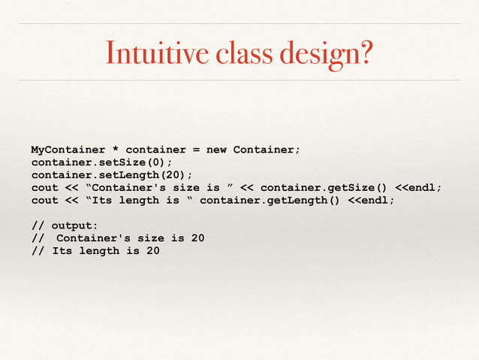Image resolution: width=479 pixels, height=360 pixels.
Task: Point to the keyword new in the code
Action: point(216,150)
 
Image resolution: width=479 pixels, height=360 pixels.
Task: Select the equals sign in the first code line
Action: point(196,150)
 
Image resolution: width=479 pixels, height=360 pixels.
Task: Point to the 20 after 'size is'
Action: point(197,238)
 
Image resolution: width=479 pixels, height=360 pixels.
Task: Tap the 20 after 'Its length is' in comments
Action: point(152,251)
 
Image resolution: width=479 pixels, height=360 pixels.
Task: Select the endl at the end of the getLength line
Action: point(378,201)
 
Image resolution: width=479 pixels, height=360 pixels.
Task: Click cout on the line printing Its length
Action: point(44,201)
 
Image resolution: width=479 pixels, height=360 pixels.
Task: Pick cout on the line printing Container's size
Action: point(44,188)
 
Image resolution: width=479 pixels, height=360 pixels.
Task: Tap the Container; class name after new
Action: point(267,150)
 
